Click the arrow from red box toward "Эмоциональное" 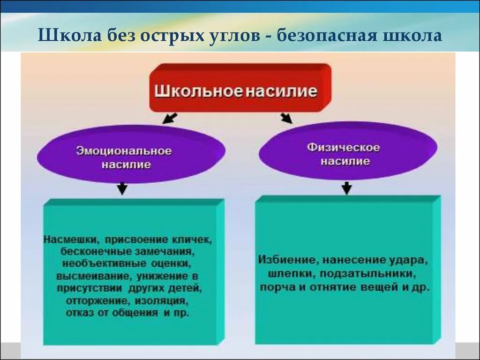[170, 117]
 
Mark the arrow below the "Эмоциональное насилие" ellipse [122, 188]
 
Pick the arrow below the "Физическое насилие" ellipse [346, 187]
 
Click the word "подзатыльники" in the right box [373, 273]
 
